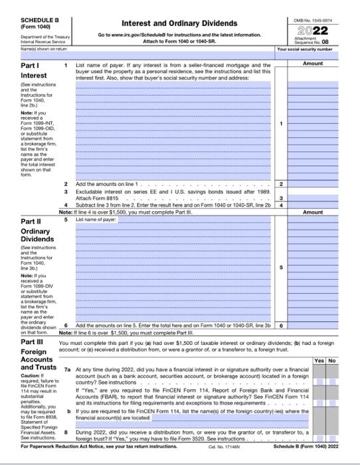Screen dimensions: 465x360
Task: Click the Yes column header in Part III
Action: tap(319, 361)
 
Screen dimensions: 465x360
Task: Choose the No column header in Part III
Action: tap(332, 361)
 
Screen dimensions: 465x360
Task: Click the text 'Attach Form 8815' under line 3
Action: tap(97, 197)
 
